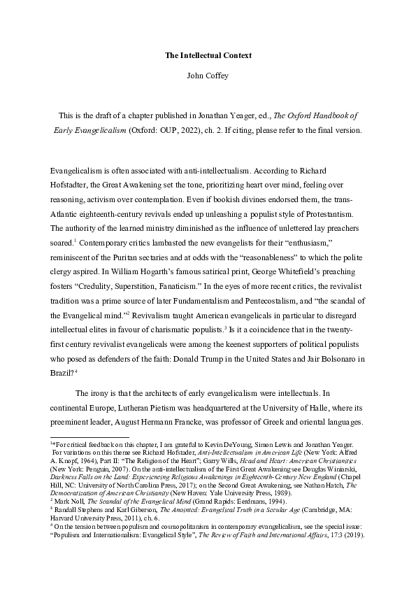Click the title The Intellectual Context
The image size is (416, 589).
click(208, 54)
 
